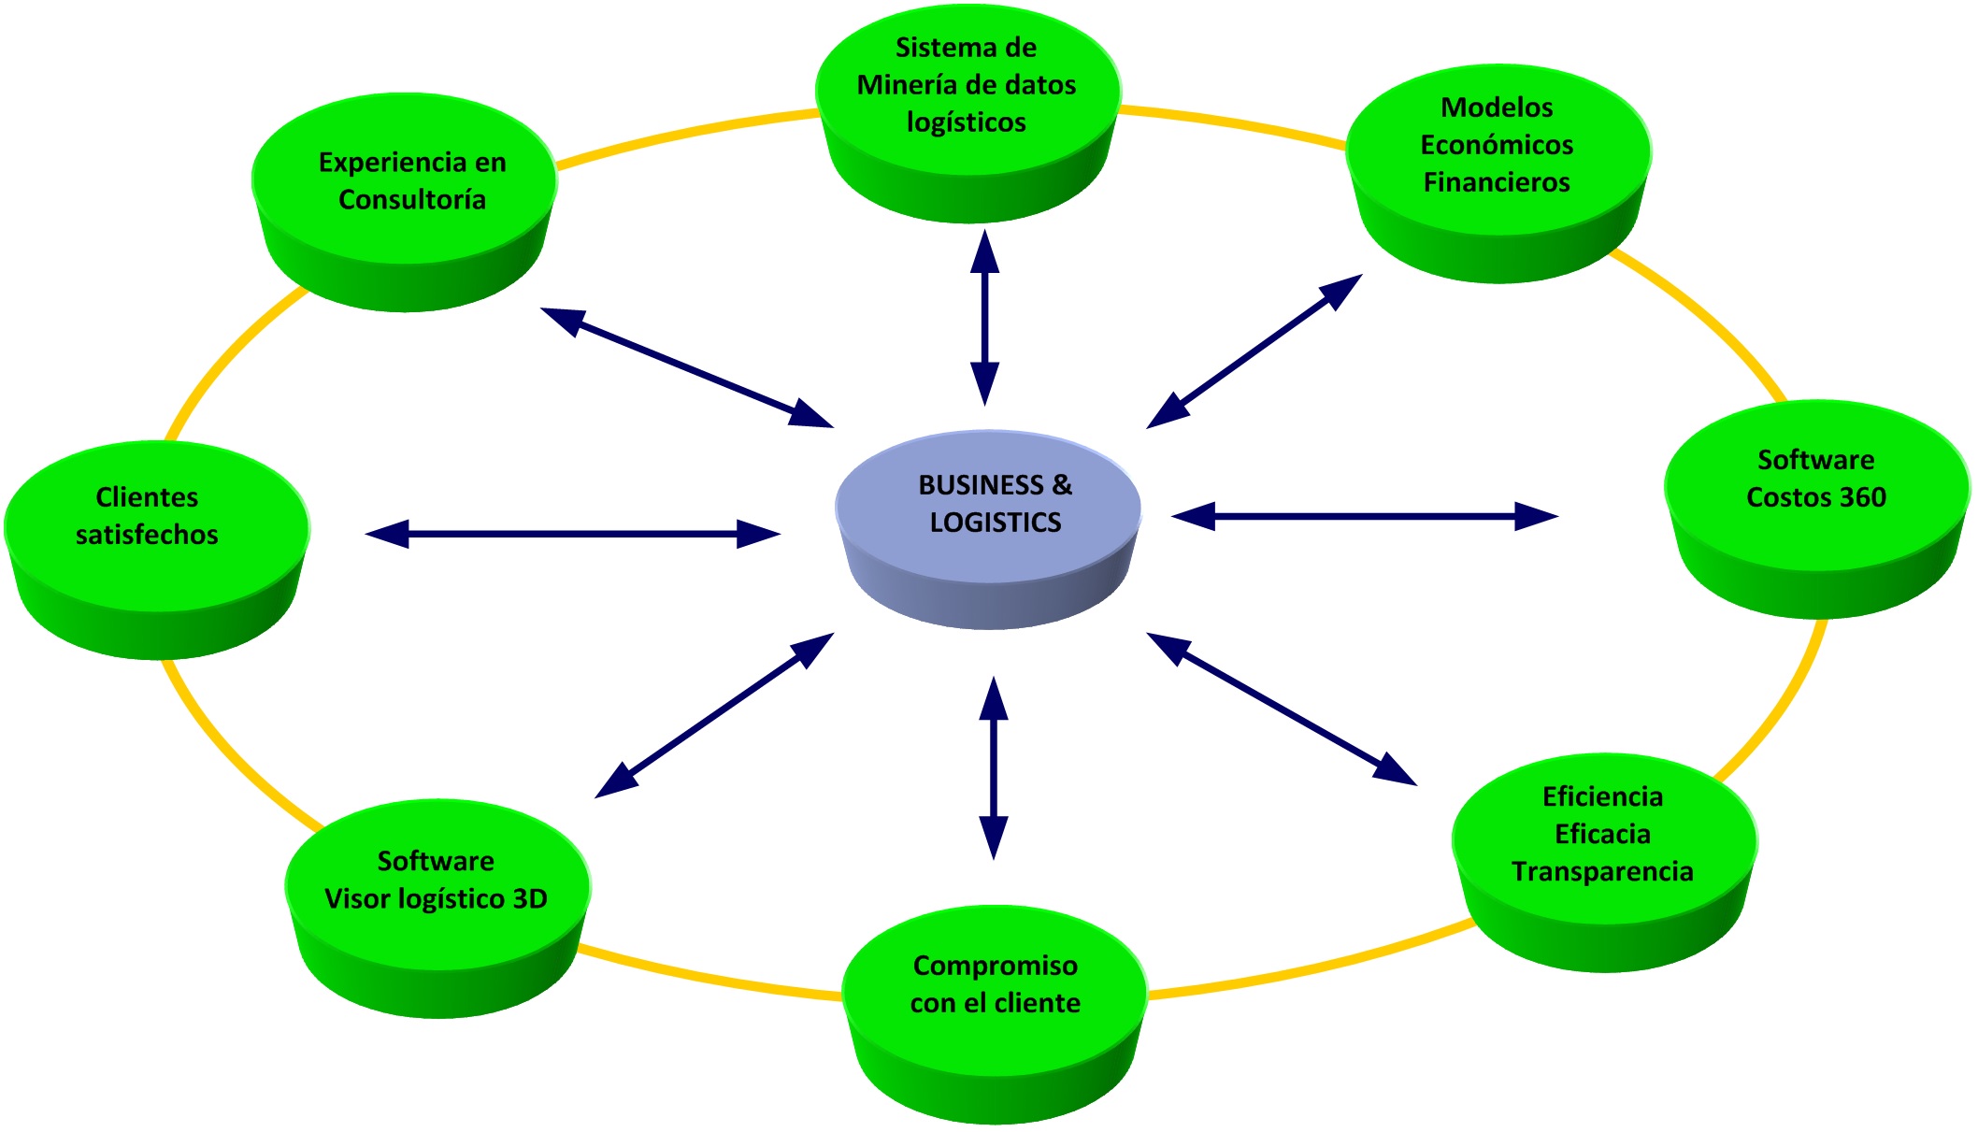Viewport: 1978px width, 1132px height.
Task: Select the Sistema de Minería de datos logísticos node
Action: pyautogui.click(x=967, y=103)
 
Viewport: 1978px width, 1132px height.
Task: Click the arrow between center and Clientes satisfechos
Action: pyautogui.click(x=572, y=534)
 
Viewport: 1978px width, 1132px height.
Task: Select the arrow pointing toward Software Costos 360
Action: pyautogui.click(x=1365, y=515)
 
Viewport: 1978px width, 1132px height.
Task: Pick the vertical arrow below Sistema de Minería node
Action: pyautogui.click(x=984, y=318)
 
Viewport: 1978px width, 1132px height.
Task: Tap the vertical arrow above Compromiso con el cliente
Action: pyautogui.click(x=993, y=768)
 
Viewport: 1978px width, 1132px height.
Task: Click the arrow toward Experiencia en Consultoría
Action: pyautogui.click(x=687, y=367)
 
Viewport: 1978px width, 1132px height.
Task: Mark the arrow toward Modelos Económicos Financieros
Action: pyautogui.click(x=1254, y=351)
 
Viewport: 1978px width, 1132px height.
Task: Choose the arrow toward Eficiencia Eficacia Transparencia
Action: pyautogui.click(x=1282, y=708)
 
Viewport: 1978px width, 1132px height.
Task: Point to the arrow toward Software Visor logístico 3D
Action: pyautogui.click(x=714, y=715)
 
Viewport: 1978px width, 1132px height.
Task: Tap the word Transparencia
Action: pyautogui.click(x=1602, y=871)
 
